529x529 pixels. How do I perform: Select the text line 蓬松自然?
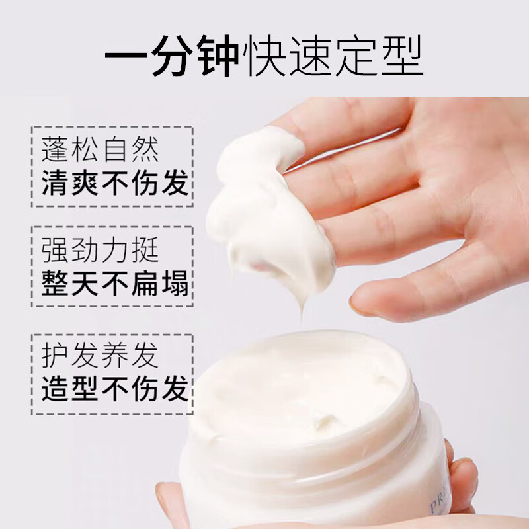(x=99, y=150)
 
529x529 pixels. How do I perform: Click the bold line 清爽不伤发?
(x=114, y=183)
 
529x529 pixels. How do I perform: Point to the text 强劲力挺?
(x=99, y=251)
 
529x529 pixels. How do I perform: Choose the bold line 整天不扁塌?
(x=114, y=284)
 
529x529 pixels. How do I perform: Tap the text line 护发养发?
(x=99, y=355)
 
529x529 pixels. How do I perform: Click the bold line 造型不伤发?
(x=114, y=389)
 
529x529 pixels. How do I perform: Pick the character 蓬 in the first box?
(x=54, y=150)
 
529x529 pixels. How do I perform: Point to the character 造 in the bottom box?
(x=54, y=389)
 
